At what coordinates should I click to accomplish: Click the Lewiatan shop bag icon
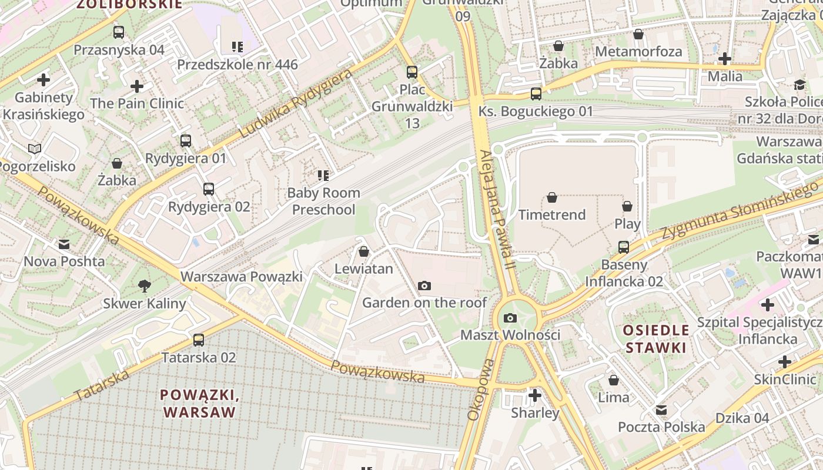[364, 252]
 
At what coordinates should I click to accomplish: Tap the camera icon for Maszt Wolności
[510, 318]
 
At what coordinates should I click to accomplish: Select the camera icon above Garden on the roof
[424, 286]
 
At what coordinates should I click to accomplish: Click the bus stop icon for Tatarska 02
[199, 340]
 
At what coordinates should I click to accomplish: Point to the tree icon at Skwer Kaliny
[144, 287]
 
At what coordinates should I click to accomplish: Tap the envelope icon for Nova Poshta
[63, 244]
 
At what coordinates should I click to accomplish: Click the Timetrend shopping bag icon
[552, 198]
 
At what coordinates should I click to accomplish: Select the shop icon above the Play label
[627, 207]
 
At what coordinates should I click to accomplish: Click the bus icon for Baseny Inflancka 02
[624, 247]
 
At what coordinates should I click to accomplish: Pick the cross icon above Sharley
[534, 395]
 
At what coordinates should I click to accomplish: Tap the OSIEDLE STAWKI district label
[656, 339]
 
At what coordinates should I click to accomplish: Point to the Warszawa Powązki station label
[241, 277]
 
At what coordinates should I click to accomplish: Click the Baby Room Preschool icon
[323, 175]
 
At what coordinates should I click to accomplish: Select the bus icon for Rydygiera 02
[209, 189]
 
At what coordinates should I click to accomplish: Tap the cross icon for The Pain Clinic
[137, 86]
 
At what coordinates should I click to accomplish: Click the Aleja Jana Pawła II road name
[497, 210]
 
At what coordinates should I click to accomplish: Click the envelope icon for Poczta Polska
[661, 410]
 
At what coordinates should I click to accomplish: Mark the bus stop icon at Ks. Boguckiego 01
[536, 94]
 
